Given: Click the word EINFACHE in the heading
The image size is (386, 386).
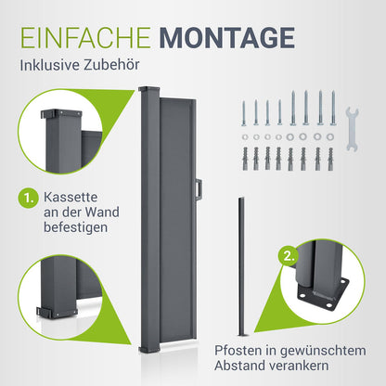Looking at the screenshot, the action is coord(86,38).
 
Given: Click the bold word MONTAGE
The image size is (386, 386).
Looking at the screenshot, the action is coord(226,38).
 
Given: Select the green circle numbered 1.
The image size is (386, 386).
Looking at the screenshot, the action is coord(28,199).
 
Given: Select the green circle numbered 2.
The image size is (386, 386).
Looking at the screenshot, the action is coord(289,256).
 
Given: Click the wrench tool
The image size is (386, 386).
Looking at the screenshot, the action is coord(352,129).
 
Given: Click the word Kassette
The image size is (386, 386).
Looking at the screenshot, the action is coord(71,197).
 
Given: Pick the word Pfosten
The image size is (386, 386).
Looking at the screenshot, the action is coord(238,351).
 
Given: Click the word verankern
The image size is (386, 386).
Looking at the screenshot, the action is coord(297,366).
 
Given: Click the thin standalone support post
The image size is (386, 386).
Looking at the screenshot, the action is coord(241,266).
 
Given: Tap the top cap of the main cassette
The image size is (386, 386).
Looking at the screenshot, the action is coord(149,91).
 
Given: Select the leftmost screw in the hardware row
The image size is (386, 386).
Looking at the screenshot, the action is coord(244,113).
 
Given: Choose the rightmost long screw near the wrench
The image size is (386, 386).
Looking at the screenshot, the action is coord(333,108).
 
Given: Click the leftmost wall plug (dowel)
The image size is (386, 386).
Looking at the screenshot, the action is coord(245,159).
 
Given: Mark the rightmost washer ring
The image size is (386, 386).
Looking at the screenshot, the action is coord(330,136).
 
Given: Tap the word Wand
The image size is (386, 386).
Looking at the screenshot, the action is coord(102,212).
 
